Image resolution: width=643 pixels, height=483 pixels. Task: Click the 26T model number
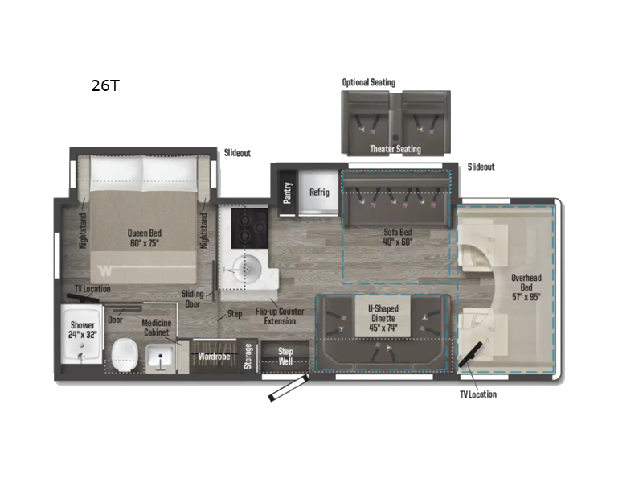[105, 85]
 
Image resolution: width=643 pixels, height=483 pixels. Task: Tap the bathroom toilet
[125, 355]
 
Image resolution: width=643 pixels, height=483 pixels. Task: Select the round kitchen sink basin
[247, 270]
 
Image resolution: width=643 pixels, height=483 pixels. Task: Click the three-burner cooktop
[250, 228]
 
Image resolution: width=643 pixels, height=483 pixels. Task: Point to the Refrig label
[319, 192]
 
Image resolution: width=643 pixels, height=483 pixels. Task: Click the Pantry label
[288, 192]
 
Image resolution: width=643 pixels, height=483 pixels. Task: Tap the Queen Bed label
[145, 238]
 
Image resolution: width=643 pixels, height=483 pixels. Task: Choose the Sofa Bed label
[397, 237]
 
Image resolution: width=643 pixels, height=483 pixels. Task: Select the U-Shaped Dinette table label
[383, 318]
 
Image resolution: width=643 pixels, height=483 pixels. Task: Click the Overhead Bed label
[526, 287]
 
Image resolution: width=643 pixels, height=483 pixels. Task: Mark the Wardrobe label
[214, 357]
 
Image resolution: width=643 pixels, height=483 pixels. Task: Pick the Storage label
[248, 356]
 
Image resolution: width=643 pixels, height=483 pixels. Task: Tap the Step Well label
[285, 357]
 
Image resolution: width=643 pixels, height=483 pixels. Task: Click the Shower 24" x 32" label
[83, 330]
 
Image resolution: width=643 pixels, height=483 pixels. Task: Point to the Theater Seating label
[395, 149]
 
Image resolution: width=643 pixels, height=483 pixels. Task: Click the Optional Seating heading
[369, 82]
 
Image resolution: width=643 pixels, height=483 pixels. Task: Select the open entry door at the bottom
[289, 387]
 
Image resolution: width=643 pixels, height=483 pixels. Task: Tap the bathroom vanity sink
[160, 356]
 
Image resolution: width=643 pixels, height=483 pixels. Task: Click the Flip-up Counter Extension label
[280, 316]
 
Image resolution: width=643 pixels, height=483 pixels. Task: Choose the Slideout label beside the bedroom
[237, 153]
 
